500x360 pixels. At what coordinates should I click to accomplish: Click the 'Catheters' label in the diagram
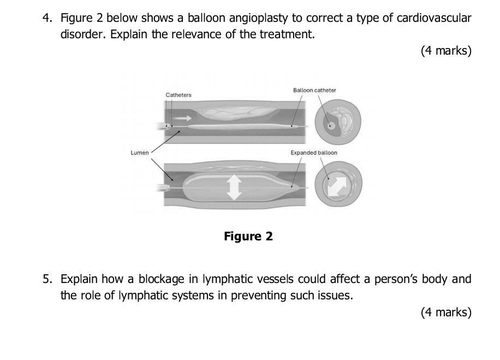tap(178, 95)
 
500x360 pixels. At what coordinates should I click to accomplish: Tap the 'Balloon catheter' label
tap(314, 90)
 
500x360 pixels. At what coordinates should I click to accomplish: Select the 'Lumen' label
tap(139, 152)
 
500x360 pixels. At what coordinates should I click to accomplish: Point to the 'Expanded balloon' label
tap(314, 152)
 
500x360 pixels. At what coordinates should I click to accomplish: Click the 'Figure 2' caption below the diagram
tap(248, 237)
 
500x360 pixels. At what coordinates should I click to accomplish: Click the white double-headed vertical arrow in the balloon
tap(234, 187)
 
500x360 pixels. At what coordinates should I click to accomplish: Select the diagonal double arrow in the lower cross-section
tap(336, 186)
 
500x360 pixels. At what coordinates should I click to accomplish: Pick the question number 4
tap(47, 19)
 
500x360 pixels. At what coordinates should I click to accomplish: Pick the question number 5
tap(47, 280)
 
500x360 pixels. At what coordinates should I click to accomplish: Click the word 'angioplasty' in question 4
tap(259, 19)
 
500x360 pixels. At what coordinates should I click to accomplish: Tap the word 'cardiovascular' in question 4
tap(434, 19)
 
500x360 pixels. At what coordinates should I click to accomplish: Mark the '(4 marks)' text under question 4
tap(446, 51)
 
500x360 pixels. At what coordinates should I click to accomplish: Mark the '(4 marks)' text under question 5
tap(446, 312)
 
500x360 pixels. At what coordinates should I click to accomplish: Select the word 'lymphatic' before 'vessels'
tap(225, 280)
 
